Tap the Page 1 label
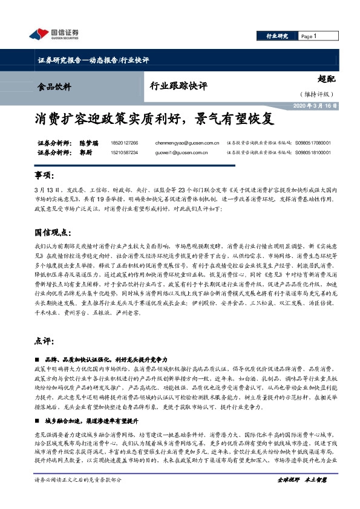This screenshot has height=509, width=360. click(309, 36)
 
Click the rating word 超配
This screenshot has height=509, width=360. click(326, 79)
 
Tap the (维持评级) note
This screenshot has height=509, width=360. click(318, 94)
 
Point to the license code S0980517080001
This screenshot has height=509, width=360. click(313, 143)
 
